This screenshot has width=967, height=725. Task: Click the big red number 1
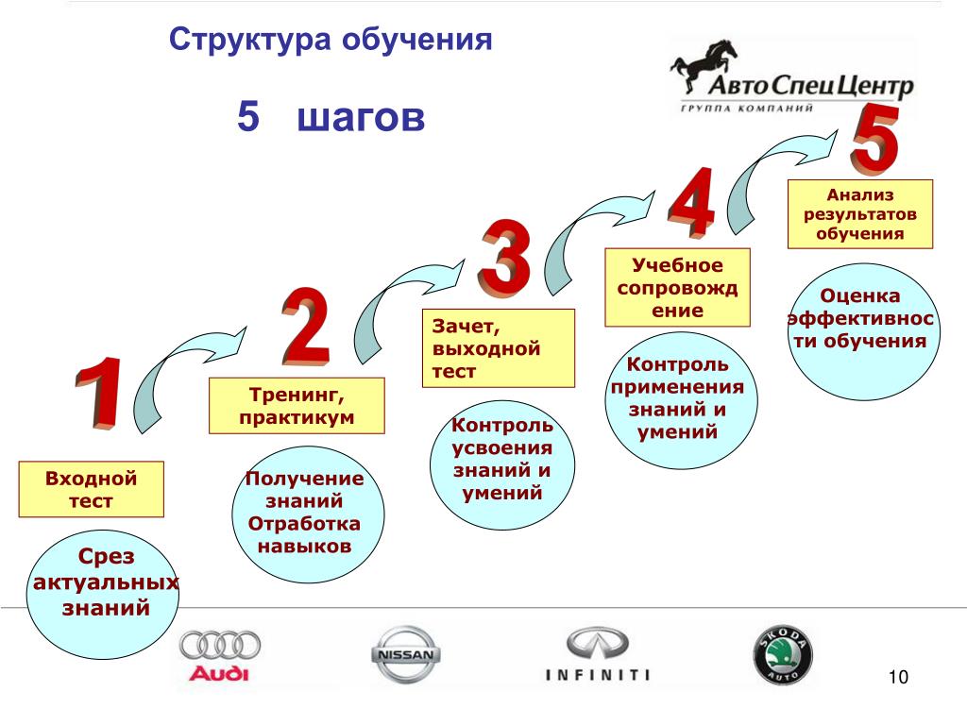(x=98, y=393)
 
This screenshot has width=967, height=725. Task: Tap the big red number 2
(x=305, y=326)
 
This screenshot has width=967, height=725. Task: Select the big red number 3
(x=504, y=258)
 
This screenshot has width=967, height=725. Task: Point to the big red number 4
(x=691, y=201)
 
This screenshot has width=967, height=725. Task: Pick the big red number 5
(x=875, y=138)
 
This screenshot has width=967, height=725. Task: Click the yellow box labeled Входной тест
(x=92, y=489)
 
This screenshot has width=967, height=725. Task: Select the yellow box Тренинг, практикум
(x=297, y=406)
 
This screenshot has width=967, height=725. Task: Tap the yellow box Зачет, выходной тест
(x=499, y=348)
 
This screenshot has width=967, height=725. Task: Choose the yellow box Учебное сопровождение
(x=677, y=287)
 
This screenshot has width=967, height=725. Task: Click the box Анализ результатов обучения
(x=860, y=214)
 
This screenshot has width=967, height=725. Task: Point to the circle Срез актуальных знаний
(x=102, y=595)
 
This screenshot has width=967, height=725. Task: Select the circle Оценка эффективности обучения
(x=864, y=331)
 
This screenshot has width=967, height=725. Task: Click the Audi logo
(x=219, y=656)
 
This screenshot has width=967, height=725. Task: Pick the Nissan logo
(x=406, y=655)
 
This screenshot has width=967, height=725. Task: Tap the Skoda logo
(x=783, y=655)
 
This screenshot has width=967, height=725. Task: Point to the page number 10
(x=898, y=677)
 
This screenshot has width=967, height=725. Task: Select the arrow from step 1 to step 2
(x=178, y=370)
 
